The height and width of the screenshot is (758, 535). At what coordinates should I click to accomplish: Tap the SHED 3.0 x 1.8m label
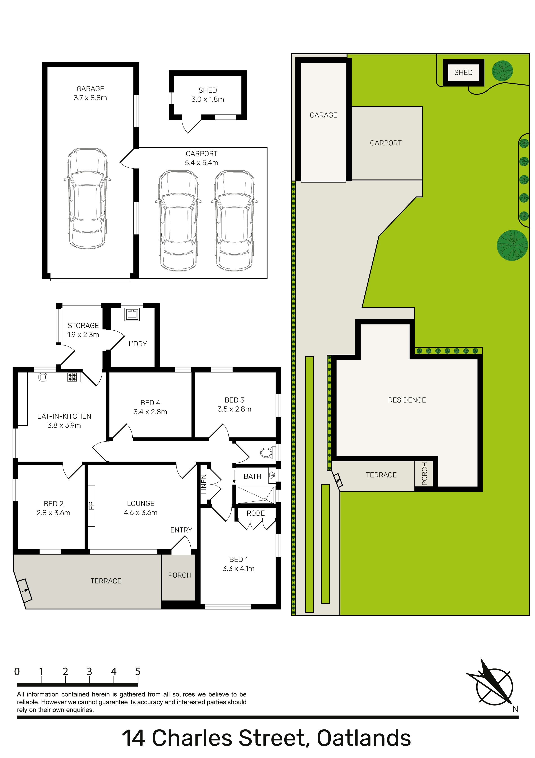click(x=207, y=95)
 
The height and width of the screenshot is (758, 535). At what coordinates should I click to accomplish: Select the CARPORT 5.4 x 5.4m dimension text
click(x=202, y=158)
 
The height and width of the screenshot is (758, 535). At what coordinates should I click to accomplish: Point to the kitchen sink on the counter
click(x=43, y=377)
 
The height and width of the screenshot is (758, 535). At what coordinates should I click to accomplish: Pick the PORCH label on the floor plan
click(x=180, y=575)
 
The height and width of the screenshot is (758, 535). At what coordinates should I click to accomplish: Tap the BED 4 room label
click(x=150, y=403)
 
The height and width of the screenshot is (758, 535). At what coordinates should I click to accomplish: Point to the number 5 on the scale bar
click(x=138, y=672)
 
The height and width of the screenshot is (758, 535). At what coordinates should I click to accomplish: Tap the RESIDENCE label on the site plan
click(x=407, y=400)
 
